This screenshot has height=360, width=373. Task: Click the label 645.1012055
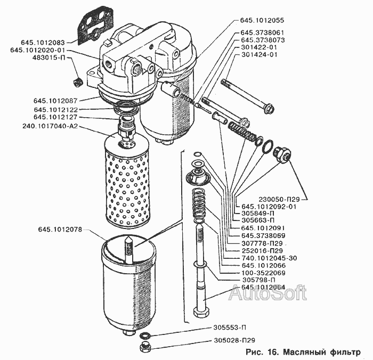click(x=263, y=20)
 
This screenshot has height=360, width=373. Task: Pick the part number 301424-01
click(x=260, y=54)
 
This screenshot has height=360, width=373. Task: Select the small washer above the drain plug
click(x=144, y=337)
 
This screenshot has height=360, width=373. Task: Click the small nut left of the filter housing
click(x=77, y=81)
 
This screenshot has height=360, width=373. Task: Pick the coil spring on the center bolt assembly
click(x=200, y=202)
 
